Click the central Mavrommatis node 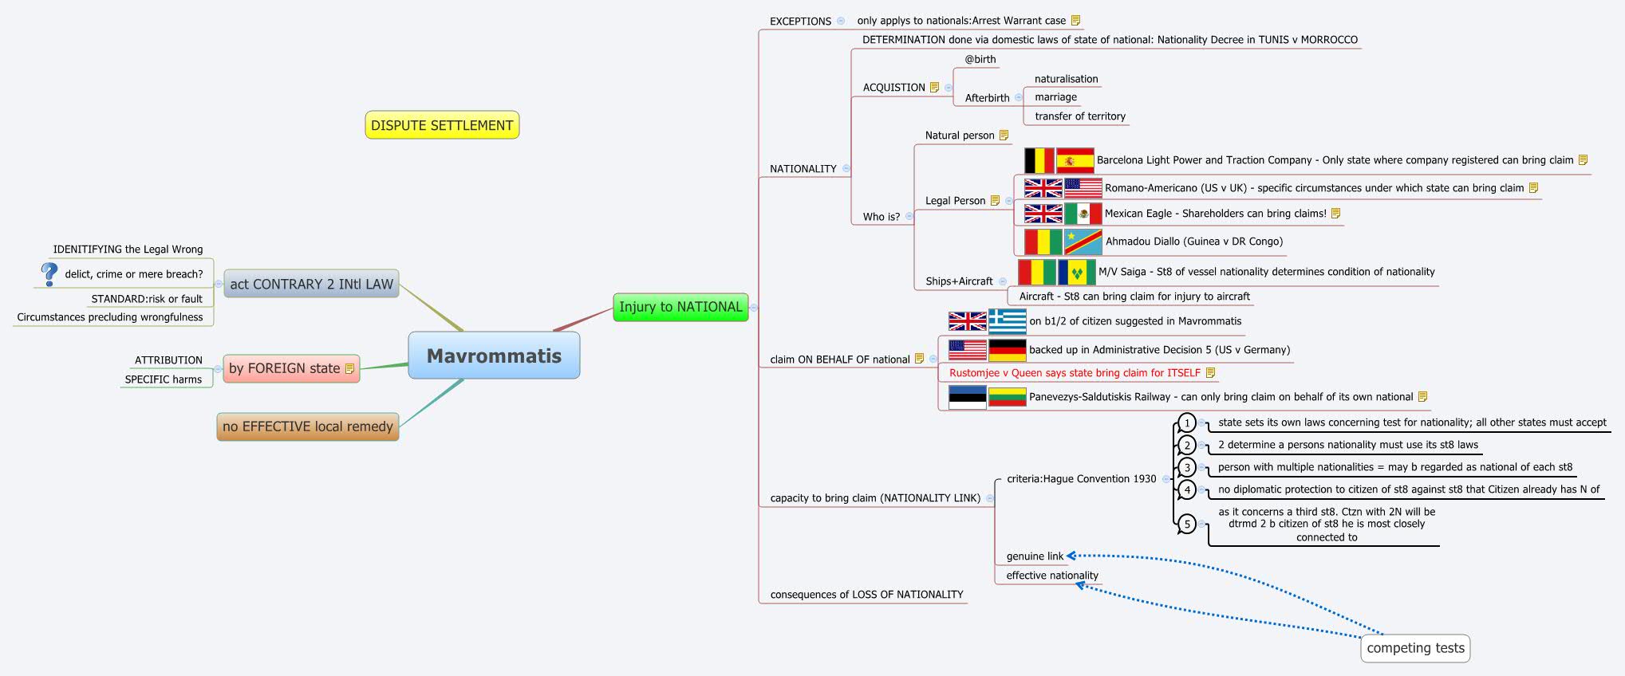click(494, 356)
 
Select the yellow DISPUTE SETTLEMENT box click(442, 125)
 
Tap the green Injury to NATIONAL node click(680, 307)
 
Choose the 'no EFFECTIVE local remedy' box click(308, 426)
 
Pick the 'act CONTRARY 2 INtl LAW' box click(311, 284)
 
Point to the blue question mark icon click(49, 273)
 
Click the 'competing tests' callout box click(1415, 648)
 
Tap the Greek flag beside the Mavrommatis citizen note click(1007, 321)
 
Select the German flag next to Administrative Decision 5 click(1007, 350)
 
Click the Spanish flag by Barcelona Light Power click(1075, 161)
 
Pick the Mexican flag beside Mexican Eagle click(1083, 214)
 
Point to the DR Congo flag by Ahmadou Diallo click(1083, 242)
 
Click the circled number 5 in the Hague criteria click(1187, 524)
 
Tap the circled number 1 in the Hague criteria click(1187, 422)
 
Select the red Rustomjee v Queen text click(1075, 373)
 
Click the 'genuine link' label click(1035, 556)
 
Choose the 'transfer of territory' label click(1080, 116)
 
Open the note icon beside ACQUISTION click(934, 88)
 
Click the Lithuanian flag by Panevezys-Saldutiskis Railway click(1007, 397)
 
